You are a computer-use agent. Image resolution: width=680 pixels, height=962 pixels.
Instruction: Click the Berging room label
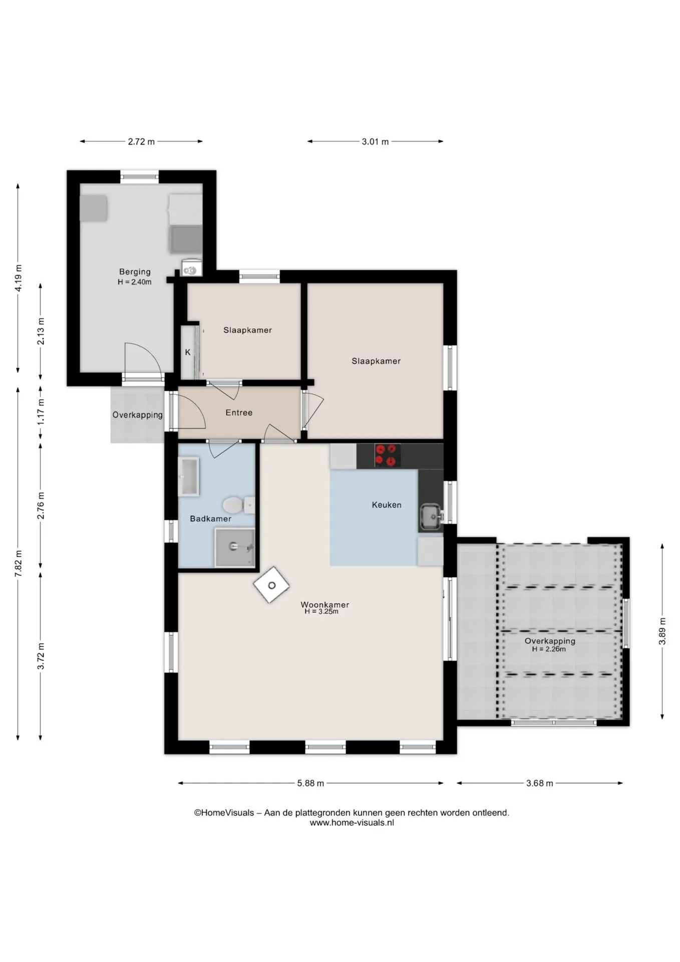tap(135, 272)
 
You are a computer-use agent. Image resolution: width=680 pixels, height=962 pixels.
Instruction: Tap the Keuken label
tap(387, 505)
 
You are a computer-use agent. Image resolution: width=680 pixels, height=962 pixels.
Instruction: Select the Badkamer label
tap(210, 519)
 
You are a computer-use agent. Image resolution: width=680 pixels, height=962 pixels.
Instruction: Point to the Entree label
tap(239, 412)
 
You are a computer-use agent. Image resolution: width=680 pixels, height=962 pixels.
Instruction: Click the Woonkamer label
tap(325, 604)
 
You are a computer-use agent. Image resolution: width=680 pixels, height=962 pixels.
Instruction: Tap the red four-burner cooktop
tap(388, 455)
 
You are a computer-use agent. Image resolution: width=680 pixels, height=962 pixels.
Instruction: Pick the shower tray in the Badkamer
tap(235, 548)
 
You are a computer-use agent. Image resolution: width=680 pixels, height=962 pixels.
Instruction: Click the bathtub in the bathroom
tap(189, 476)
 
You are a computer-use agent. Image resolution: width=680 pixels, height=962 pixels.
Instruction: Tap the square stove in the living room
tap(271, 585)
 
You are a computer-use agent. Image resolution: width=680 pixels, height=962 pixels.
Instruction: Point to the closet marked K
tap(188, 352)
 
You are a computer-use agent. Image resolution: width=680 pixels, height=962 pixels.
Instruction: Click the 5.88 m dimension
tap(310, 783)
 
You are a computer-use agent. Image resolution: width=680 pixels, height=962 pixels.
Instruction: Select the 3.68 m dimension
tap(540, 783)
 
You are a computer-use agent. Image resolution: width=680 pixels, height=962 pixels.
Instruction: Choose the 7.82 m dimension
tap(18, 564)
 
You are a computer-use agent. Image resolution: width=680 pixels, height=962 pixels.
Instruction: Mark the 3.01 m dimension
tap(375, 141)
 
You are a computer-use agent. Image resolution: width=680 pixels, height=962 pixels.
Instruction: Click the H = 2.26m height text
tap(549, 649)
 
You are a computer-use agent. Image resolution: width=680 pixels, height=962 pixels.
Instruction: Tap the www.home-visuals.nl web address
tap(352, 822)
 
